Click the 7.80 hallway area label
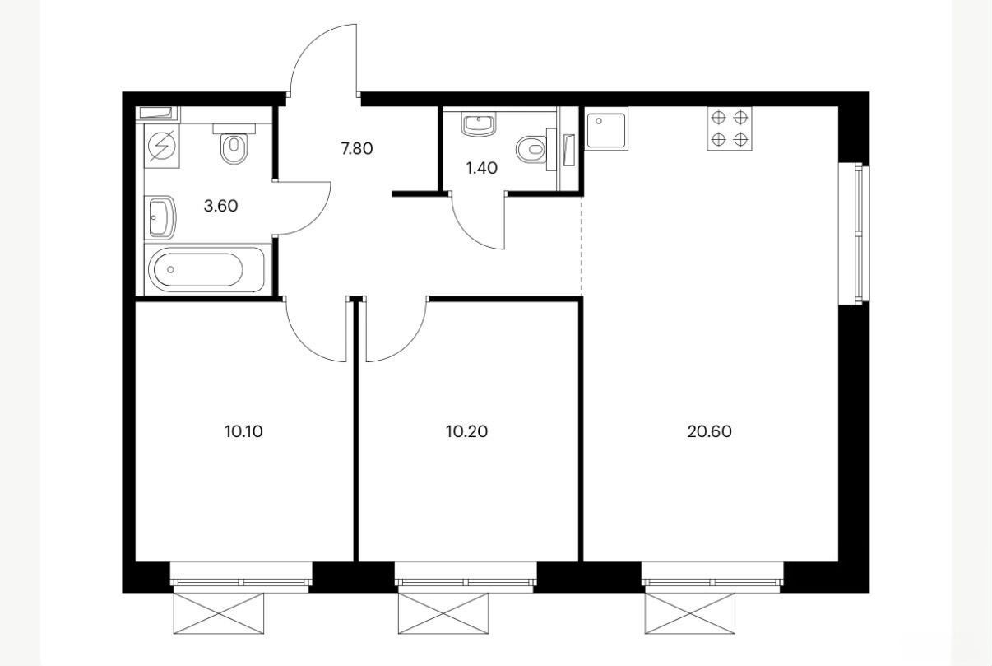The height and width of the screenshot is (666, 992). click(356, 148)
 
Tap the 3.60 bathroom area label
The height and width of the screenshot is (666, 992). click(220, 206)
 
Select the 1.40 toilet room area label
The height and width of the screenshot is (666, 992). click(481, 168)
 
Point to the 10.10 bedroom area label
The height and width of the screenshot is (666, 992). click(243, 431)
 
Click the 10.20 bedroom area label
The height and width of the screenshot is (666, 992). click(466, 431)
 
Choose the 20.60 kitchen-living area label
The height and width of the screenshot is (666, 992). click(710, 431)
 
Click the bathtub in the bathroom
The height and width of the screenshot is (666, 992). click(206, 269)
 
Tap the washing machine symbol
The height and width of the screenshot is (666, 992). click(162, 146)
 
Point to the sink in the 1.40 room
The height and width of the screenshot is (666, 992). click(479, 123)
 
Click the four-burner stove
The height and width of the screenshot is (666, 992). click(730, 129)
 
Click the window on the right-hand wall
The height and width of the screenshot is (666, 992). click(854, 234)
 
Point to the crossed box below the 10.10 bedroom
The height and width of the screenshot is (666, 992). click(218, 613)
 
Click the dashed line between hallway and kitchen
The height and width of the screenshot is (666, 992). click(581, 245)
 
